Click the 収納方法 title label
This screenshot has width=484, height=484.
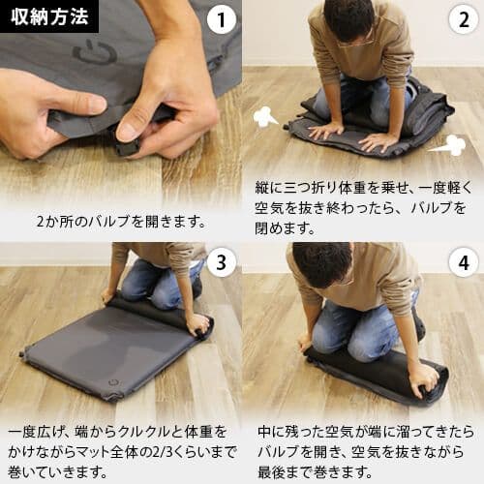pos(48,16)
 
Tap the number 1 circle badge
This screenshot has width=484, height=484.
pos(222,18)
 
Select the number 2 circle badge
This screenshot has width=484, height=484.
pos(464,18)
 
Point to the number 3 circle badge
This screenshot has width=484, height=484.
pos(222,261)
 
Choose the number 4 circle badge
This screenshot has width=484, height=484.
pos(464,261)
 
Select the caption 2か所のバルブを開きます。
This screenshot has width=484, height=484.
pos(121,220)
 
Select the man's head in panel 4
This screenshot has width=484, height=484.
pos(322,265)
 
